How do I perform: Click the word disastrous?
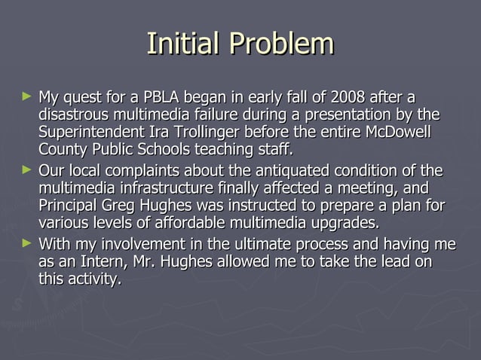(74, 116)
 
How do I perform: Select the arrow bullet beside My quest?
(28, 97)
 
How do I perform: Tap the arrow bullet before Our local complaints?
(28, 169)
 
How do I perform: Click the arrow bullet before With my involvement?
(28, 243)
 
